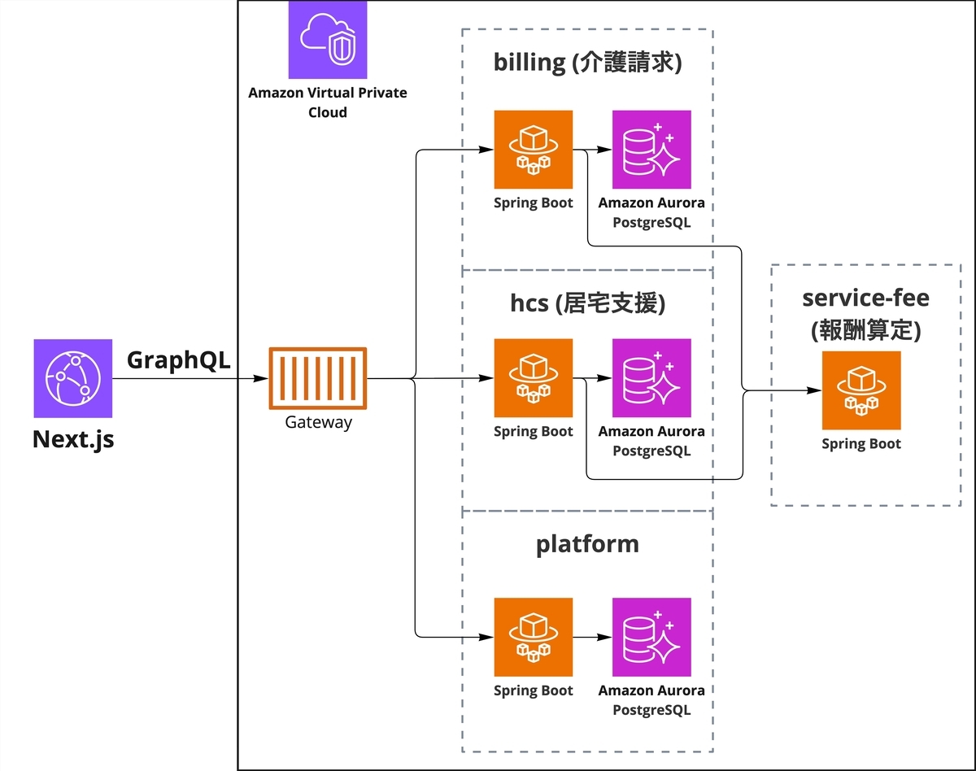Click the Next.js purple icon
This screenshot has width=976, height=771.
click(73, 378)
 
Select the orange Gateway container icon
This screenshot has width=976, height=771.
click(317, 378)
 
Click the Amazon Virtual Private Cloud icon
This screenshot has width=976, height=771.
click(327, 39)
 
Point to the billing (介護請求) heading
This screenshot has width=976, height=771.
click(586, 63)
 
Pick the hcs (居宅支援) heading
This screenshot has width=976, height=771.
click(587, 303)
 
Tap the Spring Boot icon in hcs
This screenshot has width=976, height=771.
click(534, 378)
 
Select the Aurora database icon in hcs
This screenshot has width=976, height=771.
click(651, 378)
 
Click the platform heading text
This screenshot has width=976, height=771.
click(587, 544)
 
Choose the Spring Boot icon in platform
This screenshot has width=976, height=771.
click(534, 637)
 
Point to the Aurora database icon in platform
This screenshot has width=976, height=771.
click(651, 637)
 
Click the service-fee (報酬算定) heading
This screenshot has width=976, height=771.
click(865, 311)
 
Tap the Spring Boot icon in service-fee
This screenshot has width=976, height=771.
click(861, 390)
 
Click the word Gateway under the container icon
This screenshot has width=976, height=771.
click(318, 422)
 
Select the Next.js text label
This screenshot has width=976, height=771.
click(73, 439)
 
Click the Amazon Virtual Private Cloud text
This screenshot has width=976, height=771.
click(327, 102)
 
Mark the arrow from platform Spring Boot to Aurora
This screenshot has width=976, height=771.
click(592, 637)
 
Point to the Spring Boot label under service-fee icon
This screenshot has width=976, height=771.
click(861, 444)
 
